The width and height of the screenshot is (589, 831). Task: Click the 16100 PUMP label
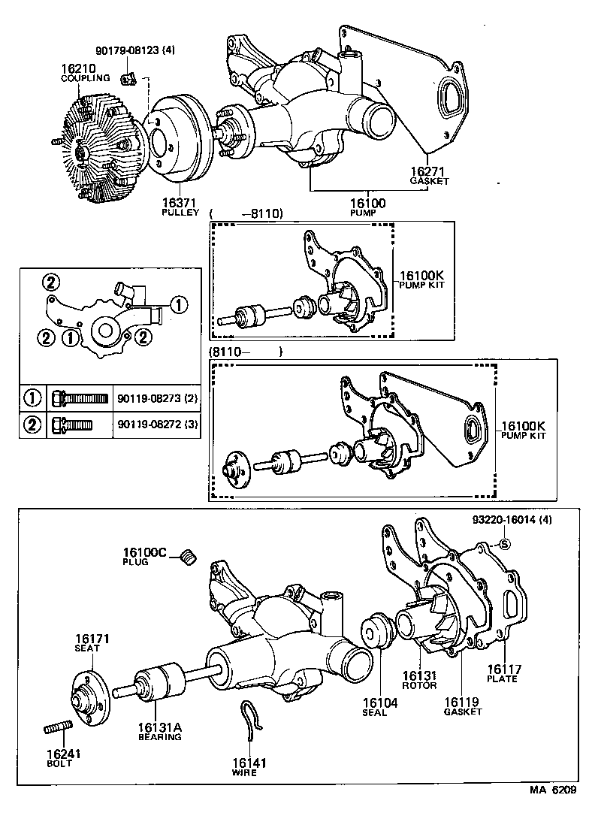click(367, 207)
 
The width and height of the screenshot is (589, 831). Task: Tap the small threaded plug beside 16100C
click(189, 557)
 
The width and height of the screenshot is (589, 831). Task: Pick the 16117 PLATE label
click(503, 672)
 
